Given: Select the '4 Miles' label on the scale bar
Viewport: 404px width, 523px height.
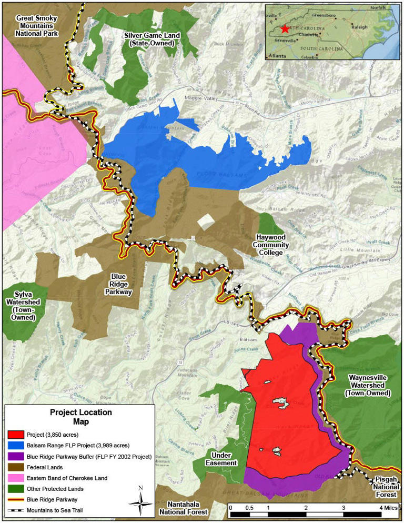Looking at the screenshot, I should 388,508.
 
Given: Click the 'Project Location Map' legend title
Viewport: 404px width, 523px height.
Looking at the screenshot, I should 80,417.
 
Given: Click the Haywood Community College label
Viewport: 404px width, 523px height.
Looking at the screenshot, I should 270,244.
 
